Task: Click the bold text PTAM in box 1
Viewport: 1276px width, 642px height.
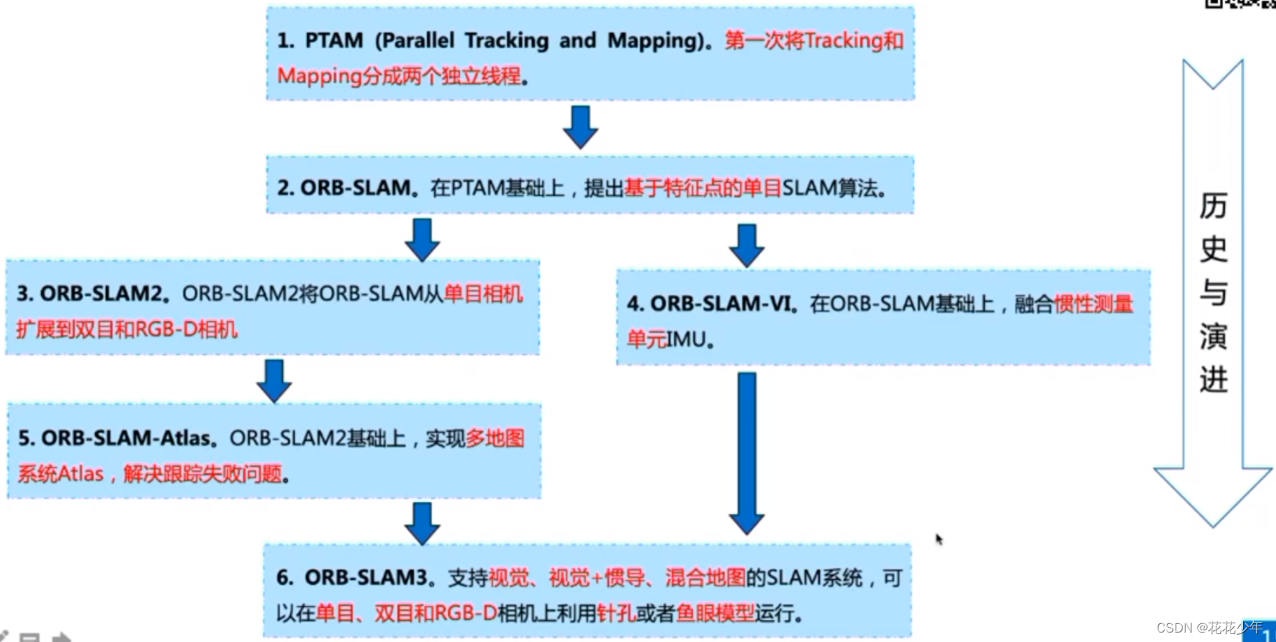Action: tap(334, 40)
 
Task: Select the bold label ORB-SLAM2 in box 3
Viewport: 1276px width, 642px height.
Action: tap(100, 294)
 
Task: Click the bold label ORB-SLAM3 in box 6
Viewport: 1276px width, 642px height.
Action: tap(366, 578)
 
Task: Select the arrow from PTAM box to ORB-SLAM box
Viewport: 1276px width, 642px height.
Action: tap(581, 126)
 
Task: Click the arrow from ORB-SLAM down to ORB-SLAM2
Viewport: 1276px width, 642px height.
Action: tap(422, 239)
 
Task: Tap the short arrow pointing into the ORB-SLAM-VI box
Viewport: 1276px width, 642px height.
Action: tap(746, 245)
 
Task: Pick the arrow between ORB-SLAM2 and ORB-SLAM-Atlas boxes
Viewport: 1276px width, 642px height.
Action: tap(274, 381)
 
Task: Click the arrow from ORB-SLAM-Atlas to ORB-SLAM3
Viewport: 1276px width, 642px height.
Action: tap(422, 523)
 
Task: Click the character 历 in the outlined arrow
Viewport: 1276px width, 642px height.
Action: tap(1212, 206)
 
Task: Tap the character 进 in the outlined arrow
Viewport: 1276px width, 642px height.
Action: tap(1212, 380)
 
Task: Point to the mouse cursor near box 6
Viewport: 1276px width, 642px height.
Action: tap(939, 539)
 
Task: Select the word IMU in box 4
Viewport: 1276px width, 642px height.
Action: tap(687, 340)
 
